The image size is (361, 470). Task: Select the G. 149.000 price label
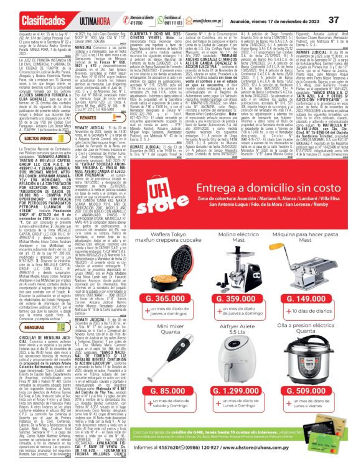(311, 281)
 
